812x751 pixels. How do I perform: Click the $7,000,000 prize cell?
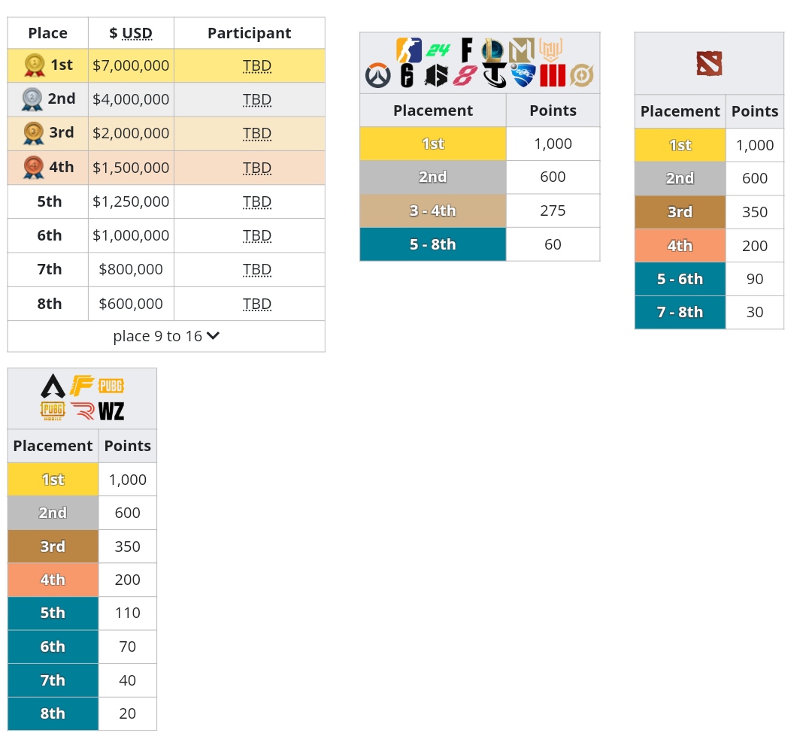[131, 65]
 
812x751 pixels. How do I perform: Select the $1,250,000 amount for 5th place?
[131, 201]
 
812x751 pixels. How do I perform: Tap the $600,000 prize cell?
[131, 304]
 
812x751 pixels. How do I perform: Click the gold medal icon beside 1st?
[34, 65]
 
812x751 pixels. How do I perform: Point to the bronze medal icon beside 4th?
[33, 168]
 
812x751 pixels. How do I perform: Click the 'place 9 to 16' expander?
[166, 336]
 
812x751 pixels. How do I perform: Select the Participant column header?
[249, 33]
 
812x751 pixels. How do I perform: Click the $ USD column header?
[131, 33]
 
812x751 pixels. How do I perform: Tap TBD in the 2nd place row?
[257, 99]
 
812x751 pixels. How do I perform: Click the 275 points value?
[553, 210]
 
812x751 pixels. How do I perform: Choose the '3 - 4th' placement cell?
[433, 210]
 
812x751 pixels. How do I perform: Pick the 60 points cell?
[553, 244]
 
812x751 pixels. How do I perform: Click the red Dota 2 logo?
[709, 63]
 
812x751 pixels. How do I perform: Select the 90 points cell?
[755, 279]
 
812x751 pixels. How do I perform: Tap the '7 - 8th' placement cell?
[680, 312]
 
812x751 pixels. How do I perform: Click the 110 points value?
[128, 613]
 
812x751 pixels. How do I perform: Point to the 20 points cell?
[128, 713]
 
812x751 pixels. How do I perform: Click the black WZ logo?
[111, 410]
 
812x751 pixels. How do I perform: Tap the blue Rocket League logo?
[523, 76]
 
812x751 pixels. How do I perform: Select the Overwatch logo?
[377, 76]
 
